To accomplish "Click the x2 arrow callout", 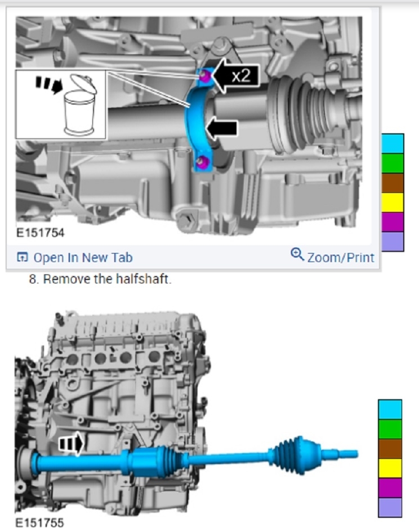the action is pos(237,76).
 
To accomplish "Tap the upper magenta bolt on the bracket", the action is pos(204,76).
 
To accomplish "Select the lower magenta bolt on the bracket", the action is pos(203,161).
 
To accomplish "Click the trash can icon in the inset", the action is pos(81,105).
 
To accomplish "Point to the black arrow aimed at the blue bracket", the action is pos(222,128).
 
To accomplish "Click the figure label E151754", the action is pos(40,233).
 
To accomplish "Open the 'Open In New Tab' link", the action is pos(74,258).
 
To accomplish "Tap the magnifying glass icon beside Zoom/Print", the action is pos(297,255).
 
